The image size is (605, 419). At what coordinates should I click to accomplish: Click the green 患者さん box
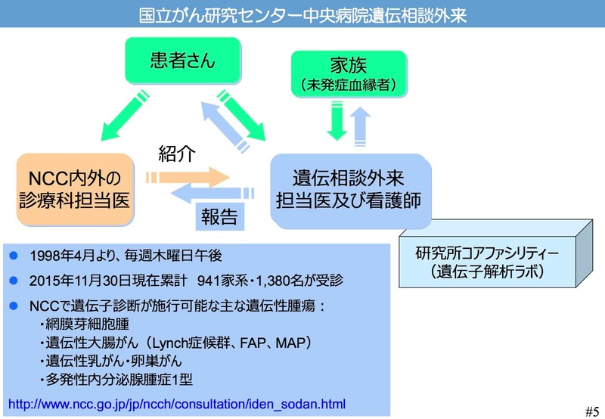(182, 60)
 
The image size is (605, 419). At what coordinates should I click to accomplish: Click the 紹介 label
(177, 154)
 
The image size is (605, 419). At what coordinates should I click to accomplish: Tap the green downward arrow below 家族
(336, 121)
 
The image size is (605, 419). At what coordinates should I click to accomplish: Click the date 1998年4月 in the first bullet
(59, 255)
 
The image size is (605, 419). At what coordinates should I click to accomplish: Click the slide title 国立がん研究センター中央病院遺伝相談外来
(302, 14)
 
